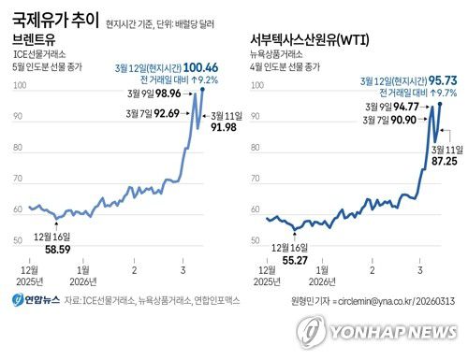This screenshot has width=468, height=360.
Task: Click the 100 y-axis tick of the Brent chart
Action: point(18,86)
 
